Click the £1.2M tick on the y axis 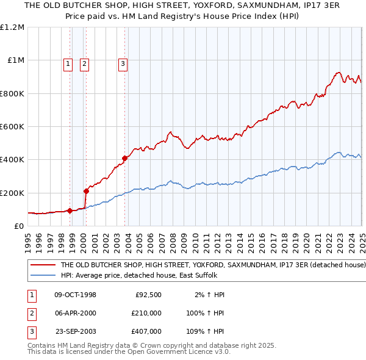[12, 27]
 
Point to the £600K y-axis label [12, 127]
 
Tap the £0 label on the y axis [18, 226]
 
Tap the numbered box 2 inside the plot [84, 63]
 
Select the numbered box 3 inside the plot [123, 63]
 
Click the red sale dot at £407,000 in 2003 [124, 159]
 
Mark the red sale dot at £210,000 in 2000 [86, 191]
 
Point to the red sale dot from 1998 [70, 211]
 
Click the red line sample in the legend [42, 265]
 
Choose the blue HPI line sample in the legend [42, 275]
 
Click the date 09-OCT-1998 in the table [76, 295]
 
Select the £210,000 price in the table [146, 313]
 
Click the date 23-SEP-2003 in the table [76, 331]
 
